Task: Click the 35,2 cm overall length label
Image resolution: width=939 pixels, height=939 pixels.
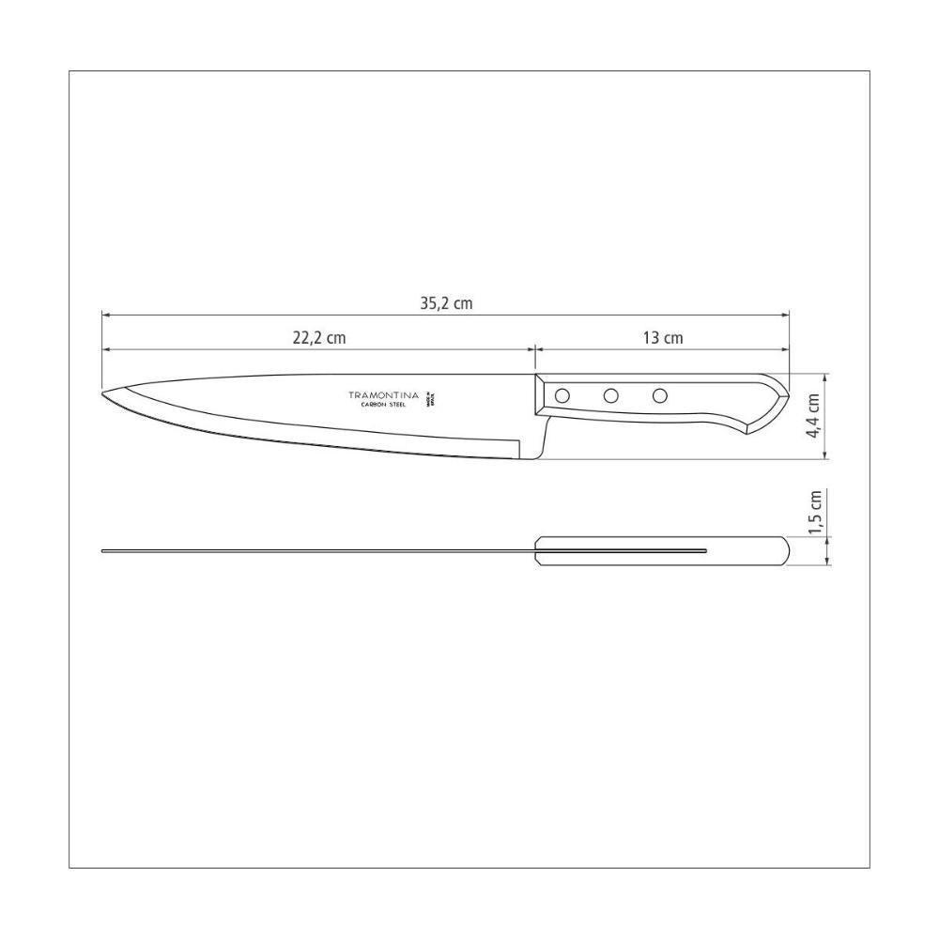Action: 445,303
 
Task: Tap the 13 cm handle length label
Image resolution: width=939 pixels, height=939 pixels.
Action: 663,338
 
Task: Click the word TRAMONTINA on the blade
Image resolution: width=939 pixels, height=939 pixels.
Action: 385,395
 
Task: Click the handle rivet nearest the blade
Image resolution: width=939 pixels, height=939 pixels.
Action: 562,396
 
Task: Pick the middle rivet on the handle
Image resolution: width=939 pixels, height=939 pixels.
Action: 611,396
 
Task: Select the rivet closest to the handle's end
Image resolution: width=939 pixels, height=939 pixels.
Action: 660,395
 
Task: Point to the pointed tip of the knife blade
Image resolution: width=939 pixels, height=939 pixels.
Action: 103,393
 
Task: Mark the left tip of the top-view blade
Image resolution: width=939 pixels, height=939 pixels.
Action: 103,551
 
